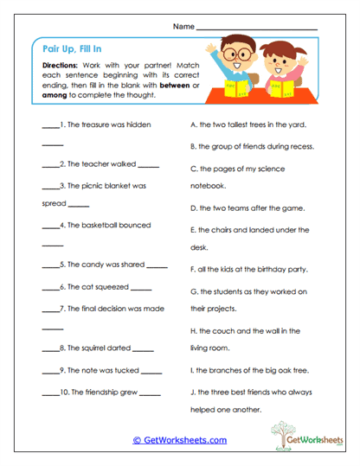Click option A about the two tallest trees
(x=247, y=124)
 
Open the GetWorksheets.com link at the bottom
(x=180, y=439)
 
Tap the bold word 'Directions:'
(x=60, y=66)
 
